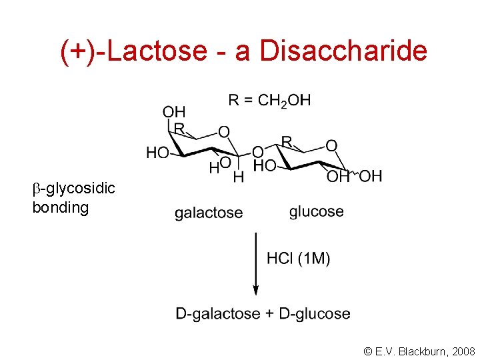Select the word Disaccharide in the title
coord(343,51)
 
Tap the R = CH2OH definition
coord(269,101)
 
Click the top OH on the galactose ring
coord(175,111)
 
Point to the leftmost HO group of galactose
coord(157,153)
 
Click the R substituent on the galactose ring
coord(179,127)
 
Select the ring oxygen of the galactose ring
coord(224,132)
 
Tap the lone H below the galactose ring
coord(238,177)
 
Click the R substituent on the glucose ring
coord(287,141)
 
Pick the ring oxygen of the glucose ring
coord(331,145)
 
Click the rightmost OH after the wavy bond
coord(371,176)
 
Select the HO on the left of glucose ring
coord(264,166)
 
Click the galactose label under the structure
coord(209,213)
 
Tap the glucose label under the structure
coord(317,212)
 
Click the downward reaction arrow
coord(255,263)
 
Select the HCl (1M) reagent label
coord(298,259)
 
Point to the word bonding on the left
coord(60,207)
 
